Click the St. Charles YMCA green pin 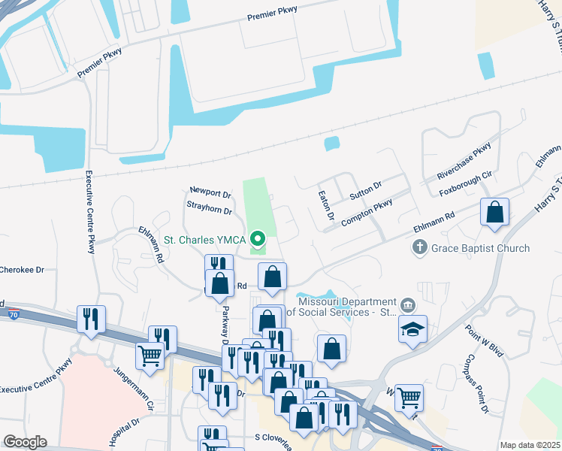point(258,240)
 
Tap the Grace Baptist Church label point(480,248)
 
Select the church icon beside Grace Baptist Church point(420,247)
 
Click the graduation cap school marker point(412,328)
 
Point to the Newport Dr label point(210,192)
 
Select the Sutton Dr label point(366,190)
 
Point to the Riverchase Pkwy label point(464,161)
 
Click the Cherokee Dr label point(23,268)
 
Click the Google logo point(25,442)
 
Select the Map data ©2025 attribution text point(530,445)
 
